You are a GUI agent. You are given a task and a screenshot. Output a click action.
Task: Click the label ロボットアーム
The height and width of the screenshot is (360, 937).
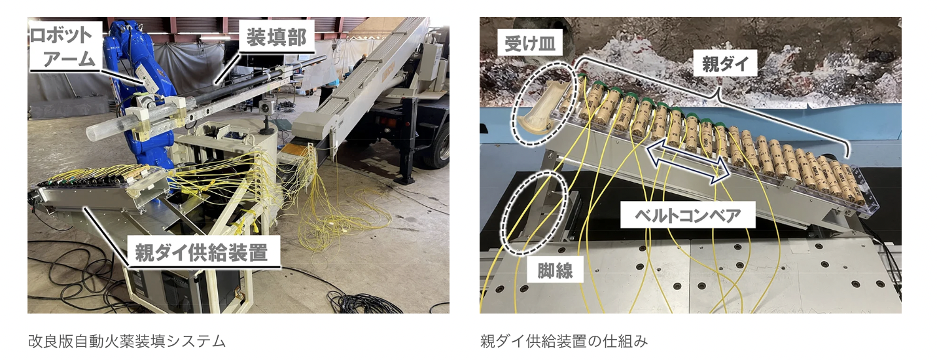coord(65,46)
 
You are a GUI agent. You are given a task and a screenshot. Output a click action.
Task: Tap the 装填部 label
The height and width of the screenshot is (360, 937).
coord(277,37)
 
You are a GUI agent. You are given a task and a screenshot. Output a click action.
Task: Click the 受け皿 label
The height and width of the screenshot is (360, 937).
coord(530,43)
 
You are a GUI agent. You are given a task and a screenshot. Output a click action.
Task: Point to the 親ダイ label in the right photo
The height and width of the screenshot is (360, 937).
coord(726,63)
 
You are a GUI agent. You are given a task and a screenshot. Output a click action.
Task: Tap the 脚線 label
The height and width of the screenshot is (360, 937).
coord(555,270)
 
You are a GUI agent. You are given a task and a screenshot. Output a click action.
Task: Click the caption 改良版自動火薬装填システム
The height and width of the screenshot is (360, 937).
coord(127,341)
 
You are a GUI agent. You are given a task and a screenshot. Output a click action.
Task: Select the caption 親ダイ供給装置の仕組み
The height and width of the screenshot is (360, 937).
coord(564,341)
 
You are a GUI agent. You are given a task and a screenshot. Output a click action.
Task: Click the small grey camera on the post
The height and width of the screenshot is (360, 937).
coord(265,107)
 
